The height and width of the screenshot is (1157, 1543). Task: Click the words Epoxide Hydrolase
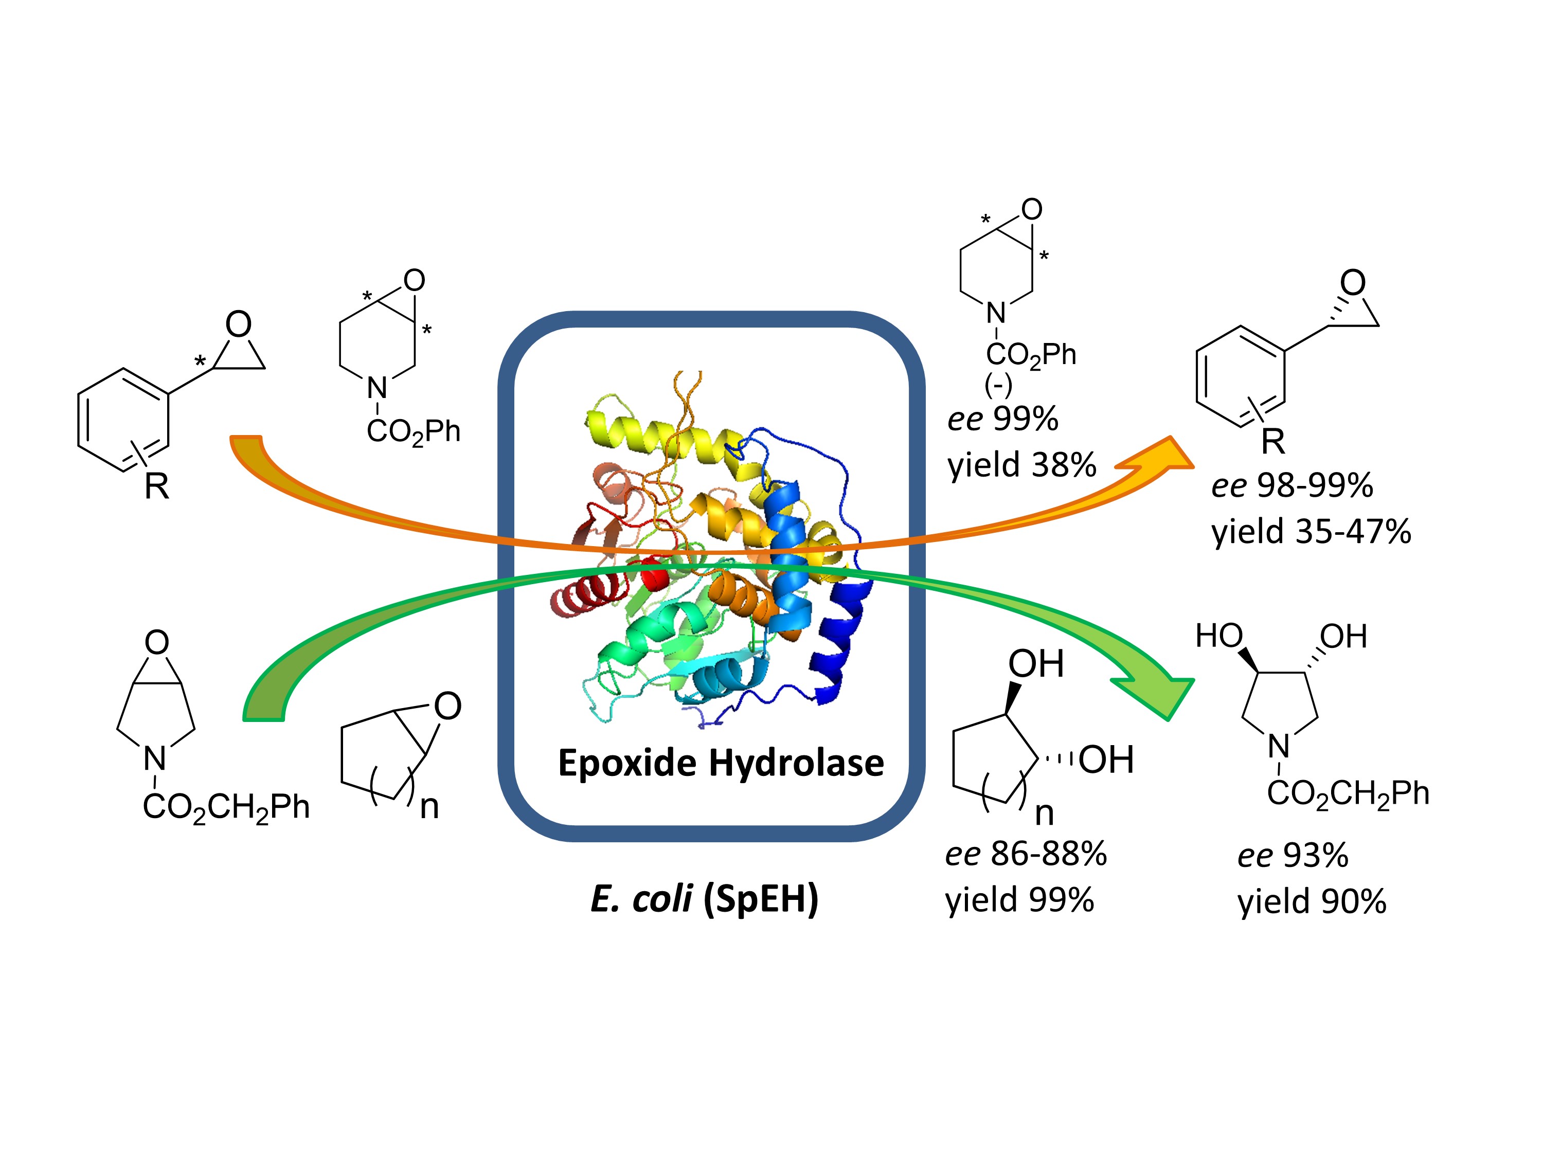721,762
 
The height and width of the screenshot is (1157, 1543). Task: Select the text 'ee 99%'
1002,419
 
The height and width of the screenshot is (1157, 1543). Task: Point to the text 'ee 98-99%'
1292,485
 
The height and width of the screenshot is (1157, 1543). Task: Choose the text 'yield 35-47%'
1311,531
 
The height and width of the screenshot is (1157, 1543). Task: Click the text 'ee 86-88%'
1026,854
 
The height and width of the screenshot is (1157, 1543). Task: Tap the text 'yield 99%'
1019,900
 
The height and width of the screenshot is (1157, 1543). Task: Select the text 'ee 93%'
1293,855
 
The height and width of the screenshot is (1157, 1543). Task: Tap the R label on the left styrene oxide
157,486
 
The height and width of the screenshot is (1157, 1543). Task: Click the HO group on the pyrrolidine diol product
1218,636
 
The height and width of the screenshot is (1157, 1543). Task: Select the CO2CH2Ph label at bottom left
226,807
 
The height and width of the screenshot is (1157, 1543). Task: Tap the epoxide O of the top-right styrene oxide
1353,282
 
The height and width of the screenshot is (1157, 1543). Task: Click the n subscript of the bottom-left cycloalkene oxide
429,807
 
